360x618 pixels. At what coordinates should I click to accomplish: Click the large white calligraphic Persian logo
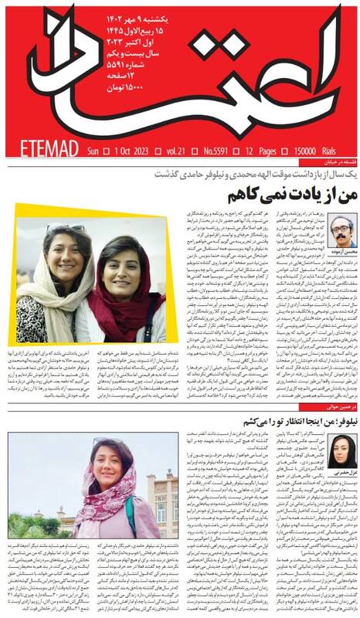click(x=232, y=70)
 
